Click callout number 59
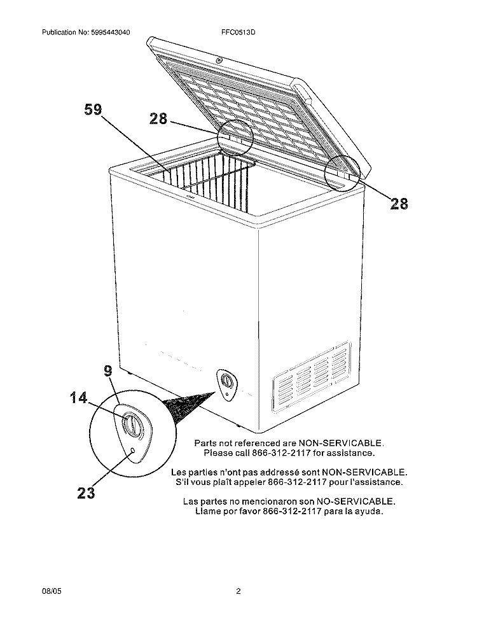pyautogui.click(x=93, y=109)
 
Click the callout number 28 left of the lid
pyautogui.click(x=158, y=118)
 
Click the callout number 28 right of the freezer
pyautogui.click(x=399, y=204)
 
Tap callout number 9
pyautogui.click(x=108, y=371)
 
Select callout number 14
pyautogui.click(x=79, y=397)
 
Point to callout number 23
pyautogui.click(x=86, y=493)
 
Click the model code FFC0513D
pyautogui.click(x=238, y=32)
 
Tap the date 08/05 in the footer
pyautogui.click(x=52, y=591)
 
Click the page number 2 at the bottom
pyautogui.click(x=238, y=591)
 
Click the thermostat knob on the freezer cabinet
pyautogui.click(x=226, y=381)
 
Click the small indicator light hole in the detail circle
pyautogui.click(x=133, y=451)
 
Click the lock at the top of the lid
pyautogui.click(x=219, y=60)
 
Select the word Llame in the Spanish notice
pyautogui.click(x=207, y=512)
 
